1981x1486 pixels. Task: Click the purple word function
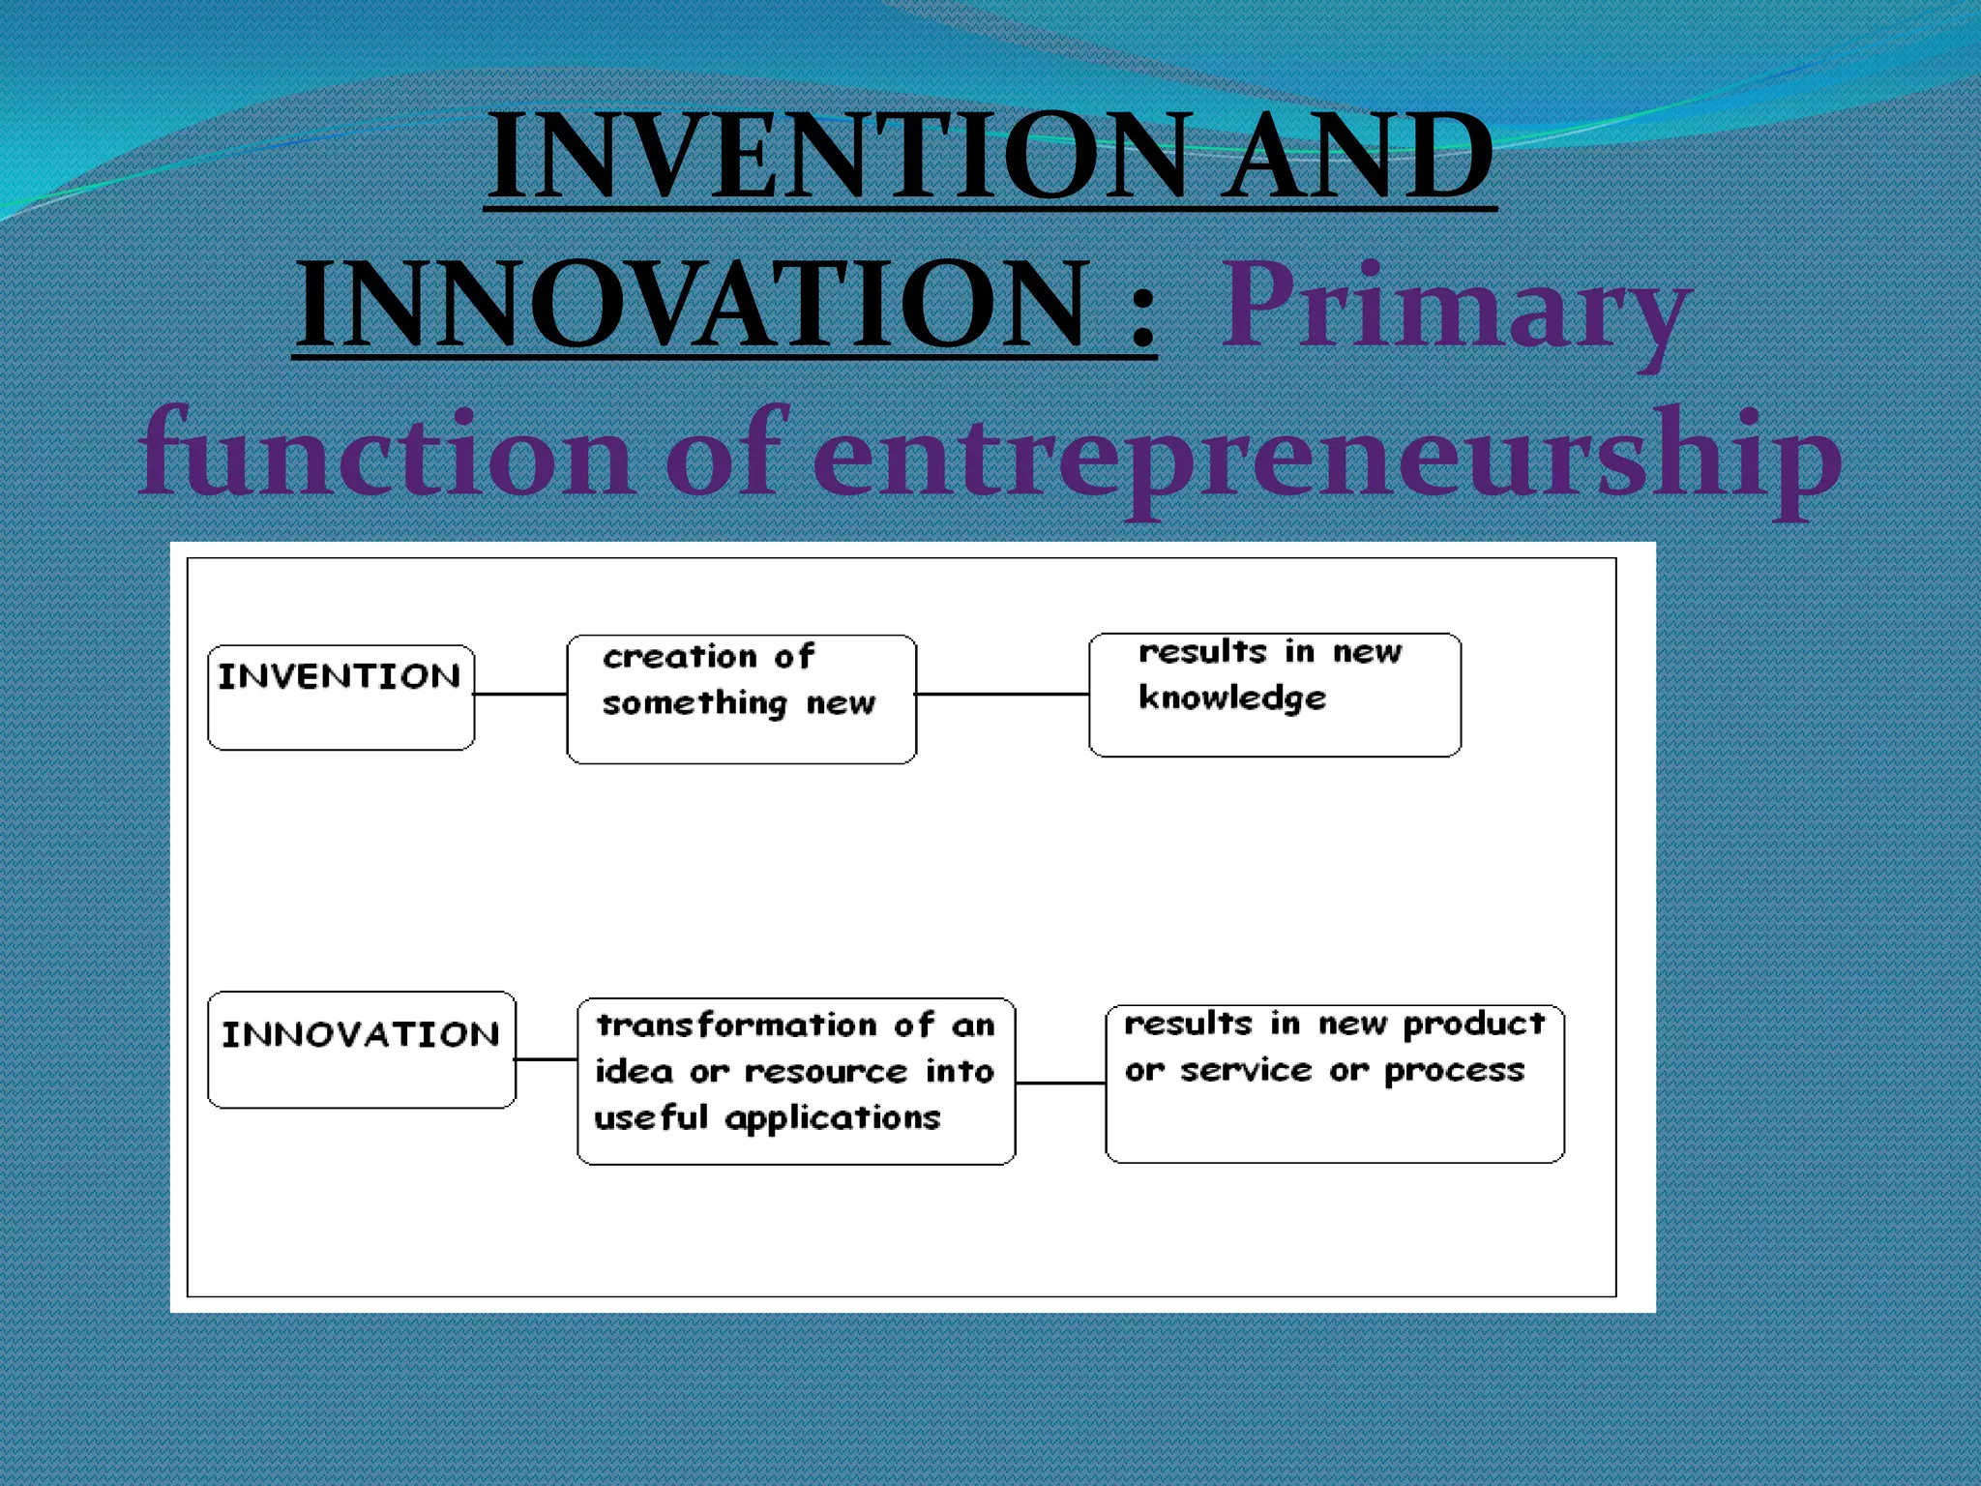click(x=387, y=455)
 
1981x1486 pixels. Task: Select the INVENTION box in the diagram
click(x=340, y=697)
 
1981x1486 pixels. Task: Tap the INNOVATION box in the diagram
click(x=361, y=1049)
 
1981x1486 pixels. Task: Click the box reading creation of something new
click(x=741, y=698)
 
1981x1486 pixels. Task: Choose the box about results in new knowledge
click(x=1274, y=695)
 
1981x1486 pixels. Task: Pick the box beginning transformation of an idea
click(x=795, y=1081)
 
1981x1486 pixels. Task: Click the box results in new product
click(x=1334, y=1083)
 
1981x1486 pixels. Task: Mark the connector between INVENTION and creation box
click(x=520, y=694)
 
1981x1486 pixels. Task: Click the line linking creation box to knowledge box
click(x=1002, y=694)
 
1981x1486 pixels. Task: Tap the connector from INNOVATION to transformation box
click(x=547, y=1059)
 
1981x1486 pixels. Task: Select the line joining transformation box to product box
click(x=1060, y=1083)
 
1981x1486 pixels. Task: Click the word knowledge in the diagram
click(x=1231, y=698)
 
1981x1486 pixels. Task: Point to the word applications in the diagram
click(x=832, y=1118)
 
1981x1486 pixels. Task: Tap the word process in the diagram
click(x=1454, y=1071)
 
